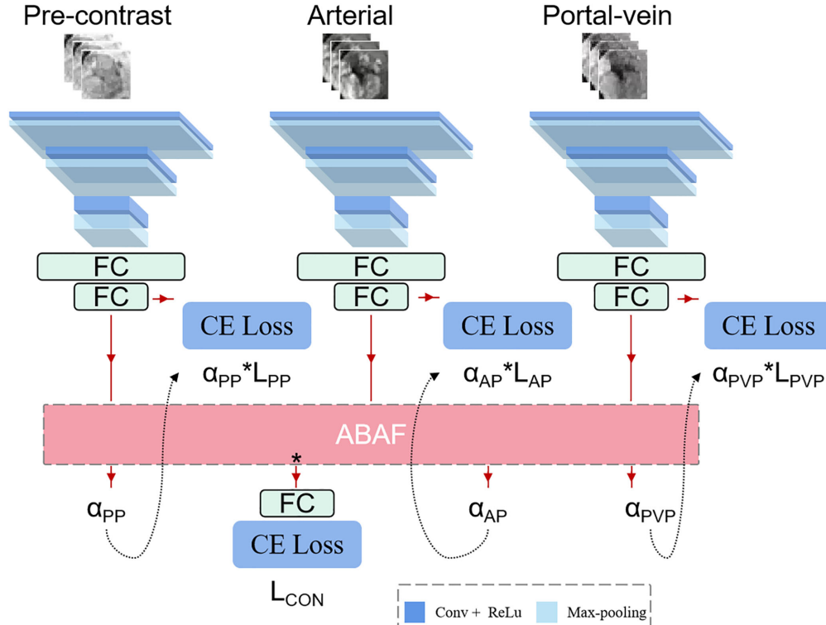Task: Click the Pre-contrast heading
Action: (98, 15)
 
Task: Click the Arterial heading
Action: (350, 15)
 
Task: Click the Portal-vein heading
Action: (608, 15)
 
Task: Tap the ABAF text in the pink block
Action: (370, 435)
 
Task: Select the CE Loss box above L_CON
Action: (297, 545)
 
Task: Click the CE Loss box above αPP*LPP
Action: (247, 325)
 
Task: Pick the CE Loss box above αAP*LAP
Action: (507, 325)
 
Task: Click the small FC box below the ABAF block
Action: (297, 502)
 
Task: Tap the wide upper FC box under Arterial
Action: (371, 267)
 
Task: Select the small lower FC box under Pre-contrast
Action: (111, 296)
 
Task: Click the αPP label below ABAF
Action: (105, 507)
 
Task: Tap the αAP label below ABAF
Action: (488, 509)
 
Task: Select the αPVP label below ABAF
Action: (650, 507)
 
